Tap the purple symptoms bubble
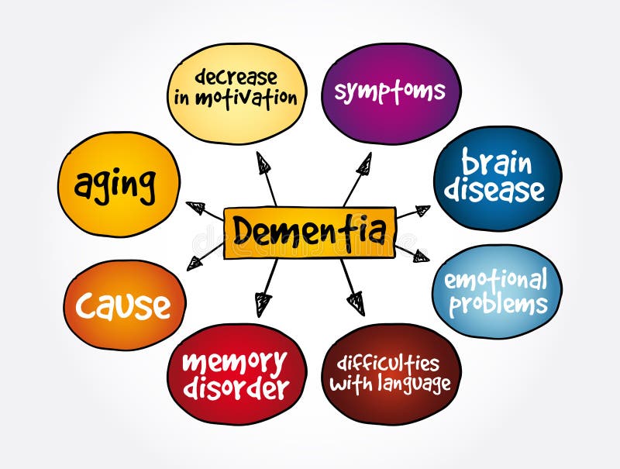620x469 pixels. click(390, 92)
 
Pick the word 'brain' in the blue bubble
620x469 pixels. click(497, 164)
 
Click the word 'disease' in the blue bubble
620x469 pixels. click(497, 191)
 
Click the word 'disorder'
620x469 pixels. click(236, 388)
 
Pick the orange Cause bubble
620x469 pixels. click(123, 305)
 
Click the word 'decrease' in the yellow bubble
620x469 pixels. click(236, 77)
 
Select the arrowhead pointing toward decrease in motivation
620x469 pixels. click(263, 163)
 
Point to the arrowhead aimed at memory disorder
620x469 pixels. click(263, 305)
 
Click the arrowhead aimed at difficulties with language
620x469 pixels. click(355, 302)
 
